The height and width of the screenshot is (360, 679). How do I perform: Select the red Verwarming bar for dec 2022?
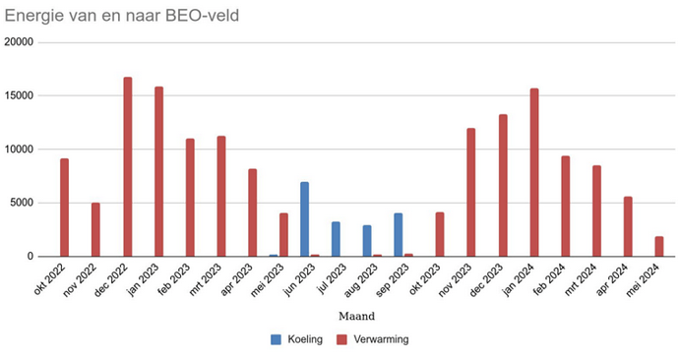point(128,166)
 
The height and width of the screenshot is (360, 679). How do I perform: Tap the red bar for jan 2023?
point(158,171)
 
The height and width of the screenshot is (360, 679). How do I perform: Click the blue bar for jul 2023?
point(336,239)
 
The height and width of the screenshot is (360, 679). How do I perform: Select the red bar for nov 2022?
point(96,229)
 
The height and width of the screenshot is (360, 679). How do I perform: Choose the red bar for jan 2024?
point(534,172)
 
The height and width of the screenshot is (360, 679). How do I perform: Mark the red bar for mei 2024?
point(659,246)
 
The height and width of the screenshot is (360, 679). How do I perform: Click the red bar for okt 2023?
point(440,234)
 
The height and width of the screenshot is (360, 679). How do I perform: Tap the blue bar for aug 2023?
point(367,241)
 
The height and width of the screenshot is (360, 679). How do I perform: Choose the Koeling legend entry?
point(298,339)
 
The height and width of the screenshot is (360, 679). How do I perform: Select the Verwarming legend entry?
point(375,339)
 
